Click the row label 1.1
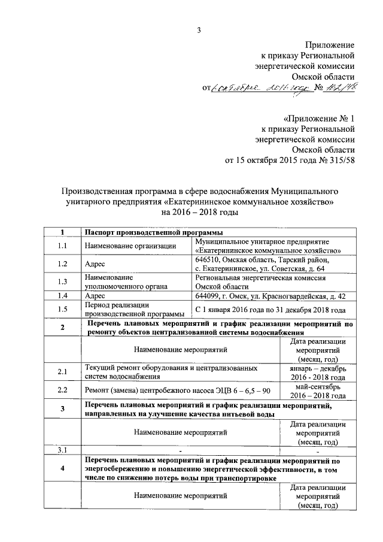pyautogui.click(x=62, y=245)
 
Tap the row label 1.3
pyautogui.click(x=62, y=282)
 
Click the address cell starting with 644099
pyautogui.click(x=270, y=296)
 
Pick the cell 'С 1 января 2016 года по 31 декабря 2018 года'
pyautogui.click(x=270, y=310)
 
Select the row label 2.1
pyautogui.click(x=62, y=372)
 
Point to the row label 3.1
pyautogui.click(x=62, y=449)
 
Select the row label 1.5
pyautogui.click(x=62, y=310)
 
